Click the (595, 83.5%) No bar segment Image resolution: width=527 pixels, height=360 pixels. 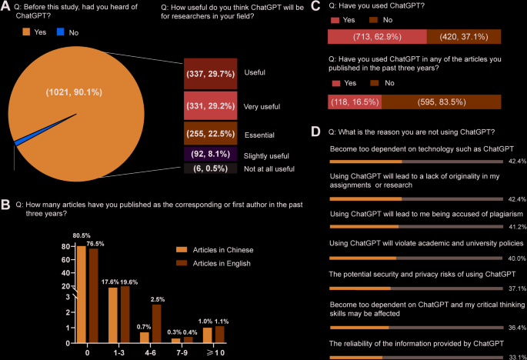point(441,102)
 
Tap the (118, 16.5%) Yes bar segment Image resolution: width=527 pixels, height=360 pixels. point(354,102)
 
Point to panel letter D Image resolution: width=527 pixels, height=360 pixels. point(315,132)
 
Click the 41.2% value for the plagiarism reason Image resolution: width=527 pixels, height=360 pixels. point(516,227)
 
